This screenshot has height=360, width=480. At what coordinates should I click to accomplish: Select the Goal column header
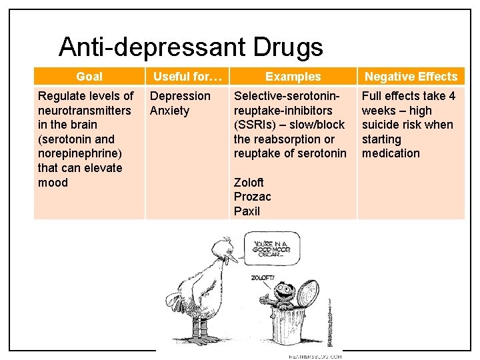coord(89,77)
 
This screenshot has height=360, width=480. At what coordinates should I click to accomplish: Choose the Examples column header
coord(293,77)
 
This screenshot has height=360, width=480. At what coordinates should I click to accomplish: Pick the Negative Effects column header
coord(411,77)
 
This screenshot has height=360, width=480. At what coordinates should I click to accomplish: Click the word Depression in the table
coord(179,96)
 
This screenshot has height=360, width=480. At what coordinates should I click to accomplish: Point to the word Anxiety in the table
coord(169,111)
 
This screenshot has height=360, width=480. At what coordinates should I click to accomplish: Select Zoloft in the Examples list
coord(249,183)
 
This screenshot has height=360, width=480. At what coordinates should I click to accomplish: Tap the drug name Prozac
coord(252,197)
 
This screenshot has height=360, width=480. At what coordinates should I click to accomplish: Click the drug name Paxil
coord(247,211)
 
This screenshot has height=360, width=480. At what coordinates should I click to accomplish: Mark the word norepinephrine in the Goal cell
coord(80,153)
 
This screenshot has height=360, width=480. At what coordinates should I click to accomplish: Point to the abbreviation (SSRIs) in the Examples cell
coord(255,125)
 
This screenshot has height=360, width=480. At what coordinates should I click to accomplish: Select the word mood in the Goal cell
coord(53,183)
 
